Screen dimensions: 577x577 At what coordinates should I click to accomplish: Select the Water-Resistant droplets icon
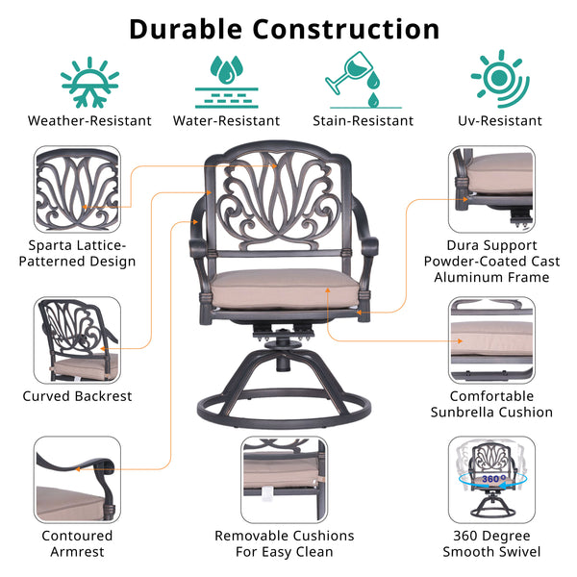227,77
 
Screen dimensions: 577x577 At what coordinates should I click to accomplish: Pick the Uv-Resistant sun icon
499,77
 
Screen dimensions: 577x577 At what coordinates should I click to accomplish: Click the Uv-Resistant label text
500,121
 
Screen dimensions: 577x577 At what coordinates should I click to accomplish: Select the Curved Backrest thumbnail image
78,339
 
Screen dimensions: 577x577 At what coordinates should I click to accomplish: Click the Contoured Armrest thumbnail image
78,479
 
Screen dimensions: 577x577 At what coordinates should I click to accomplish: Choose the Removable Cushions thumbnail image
285,479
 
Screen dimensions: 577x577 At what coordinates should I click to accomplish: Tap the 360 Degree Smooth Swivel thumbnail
491,479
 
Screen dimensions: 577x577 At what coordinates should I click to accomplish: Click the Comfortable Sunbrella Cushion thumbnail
491,339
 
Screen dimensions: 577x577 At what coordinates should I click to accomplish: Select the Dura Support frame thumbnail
491,188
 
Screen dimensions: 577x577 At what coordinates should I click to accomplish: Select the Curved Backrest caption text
78,396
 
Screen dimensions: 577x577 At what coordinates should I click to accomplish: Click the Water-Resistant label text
227,121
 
